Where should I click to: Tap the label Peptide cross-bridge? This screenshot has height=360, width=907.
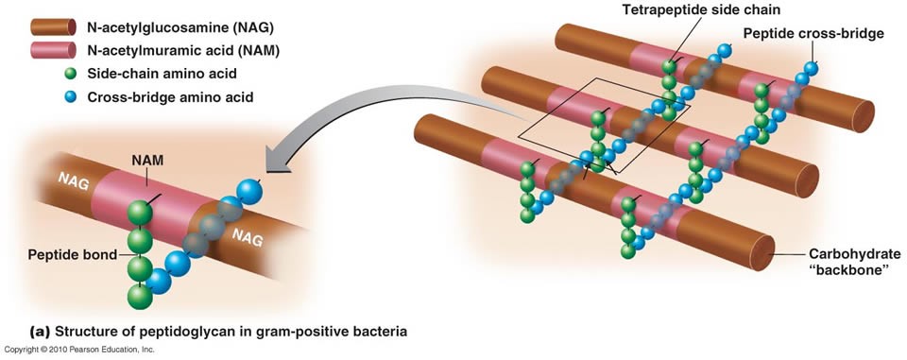coord(813,34)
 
